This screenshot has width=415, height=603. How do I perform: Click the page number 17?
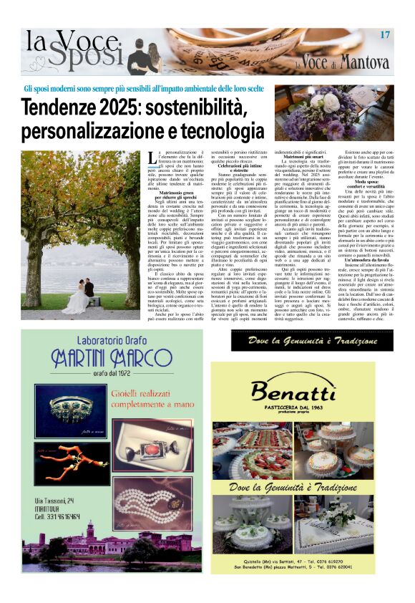[385, 35]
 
